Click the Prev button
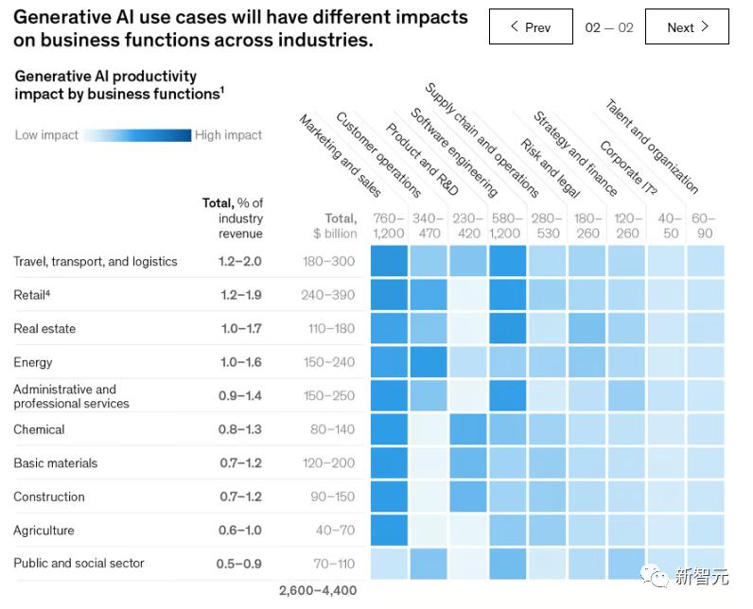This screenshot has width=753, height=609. (531, 27)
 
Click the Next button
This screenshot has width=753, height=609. (687, 27)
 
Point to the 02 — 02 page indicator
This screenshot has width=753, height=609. (609, 27)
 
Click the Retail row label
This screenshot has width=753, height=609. (31, 295)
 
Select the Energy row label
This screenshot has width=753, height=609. (33, 362)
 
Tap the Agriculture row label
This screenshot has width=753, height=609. (44, 531)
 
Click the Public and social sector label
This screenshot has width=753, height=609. (79, 564)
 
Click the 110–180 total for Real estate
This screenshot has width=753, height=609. (328, 329)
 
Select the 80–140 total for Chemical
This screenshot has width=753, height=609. (332, 429)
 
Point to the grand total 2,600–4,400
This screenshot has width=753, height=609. (318, 591)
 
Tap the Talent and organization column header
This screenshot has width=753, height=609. (652, 147)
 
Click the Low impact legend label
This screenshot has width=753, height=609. (46, 135)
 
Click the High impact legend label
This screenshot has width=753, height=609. (228, 135)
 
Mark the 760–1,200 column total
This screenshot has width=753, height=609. (389, 226)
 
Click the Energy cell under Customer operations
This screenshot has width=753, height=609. (429, 362)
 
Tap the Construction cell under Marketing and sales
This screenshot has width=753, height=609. (389, 496)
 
